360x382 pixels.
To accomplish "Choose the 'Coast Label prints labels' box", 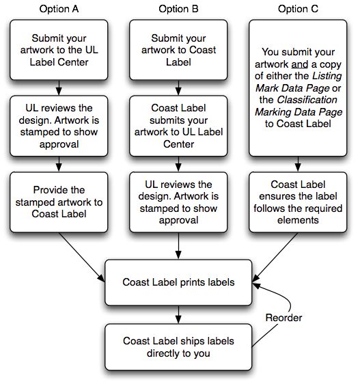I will tap(178, 282).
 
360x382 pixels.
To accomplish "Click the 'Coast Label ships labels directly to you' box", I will tap(178, 347).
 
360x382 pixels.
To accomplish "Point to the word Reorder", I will tap(285, 318).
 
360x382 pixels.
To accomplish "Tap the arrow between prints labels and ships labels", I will tap(178, 314).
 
